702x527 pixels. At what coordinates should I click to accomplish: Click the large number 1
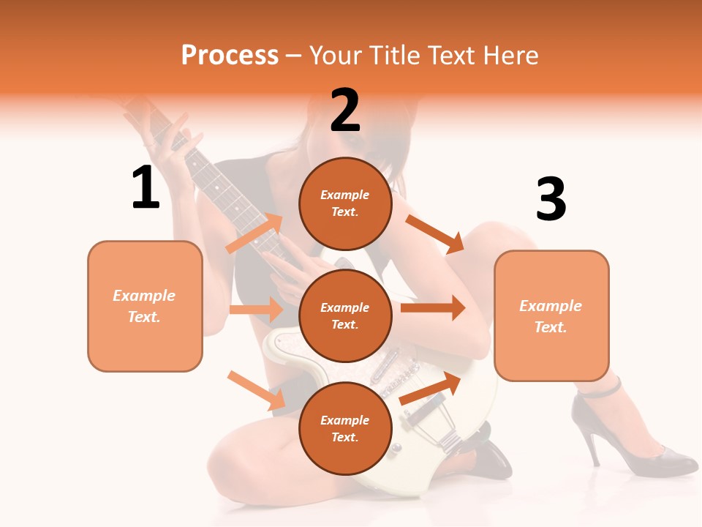click(146, 187)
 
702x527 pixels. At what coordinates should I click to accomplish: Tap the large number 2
click(344, 110)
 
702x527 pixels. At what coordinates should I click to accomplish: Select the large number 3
click(551, 199)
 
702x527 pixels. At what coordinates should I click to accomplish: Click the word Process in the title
click(230, 55)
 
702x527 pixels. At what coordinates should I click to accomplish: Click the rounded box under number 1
click(145, 306)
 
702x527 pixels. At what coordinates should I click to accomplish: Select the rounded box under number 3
click(551, 315)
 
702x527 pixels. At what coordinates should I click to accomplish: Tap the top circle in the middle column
click(345, 203)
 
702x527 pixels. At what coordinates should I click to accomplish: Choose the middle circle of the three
click(345, 315)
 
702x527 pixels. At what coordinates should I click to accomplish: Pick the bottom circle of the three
click(345, 428)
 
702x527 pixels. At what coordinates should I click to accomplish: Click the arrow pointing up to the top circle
click(254, 233)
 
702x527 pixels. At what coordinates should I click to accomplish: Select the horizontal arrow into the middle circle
click(256, 310)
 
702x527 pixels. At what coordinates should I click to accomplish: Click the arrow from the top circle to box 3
click(435, 233)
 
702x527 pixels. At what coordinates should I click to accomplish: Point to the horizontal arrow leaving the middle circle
click(433, 307)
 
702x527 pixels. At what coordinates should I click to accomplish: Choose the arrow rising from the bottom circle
click(430, 389)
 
